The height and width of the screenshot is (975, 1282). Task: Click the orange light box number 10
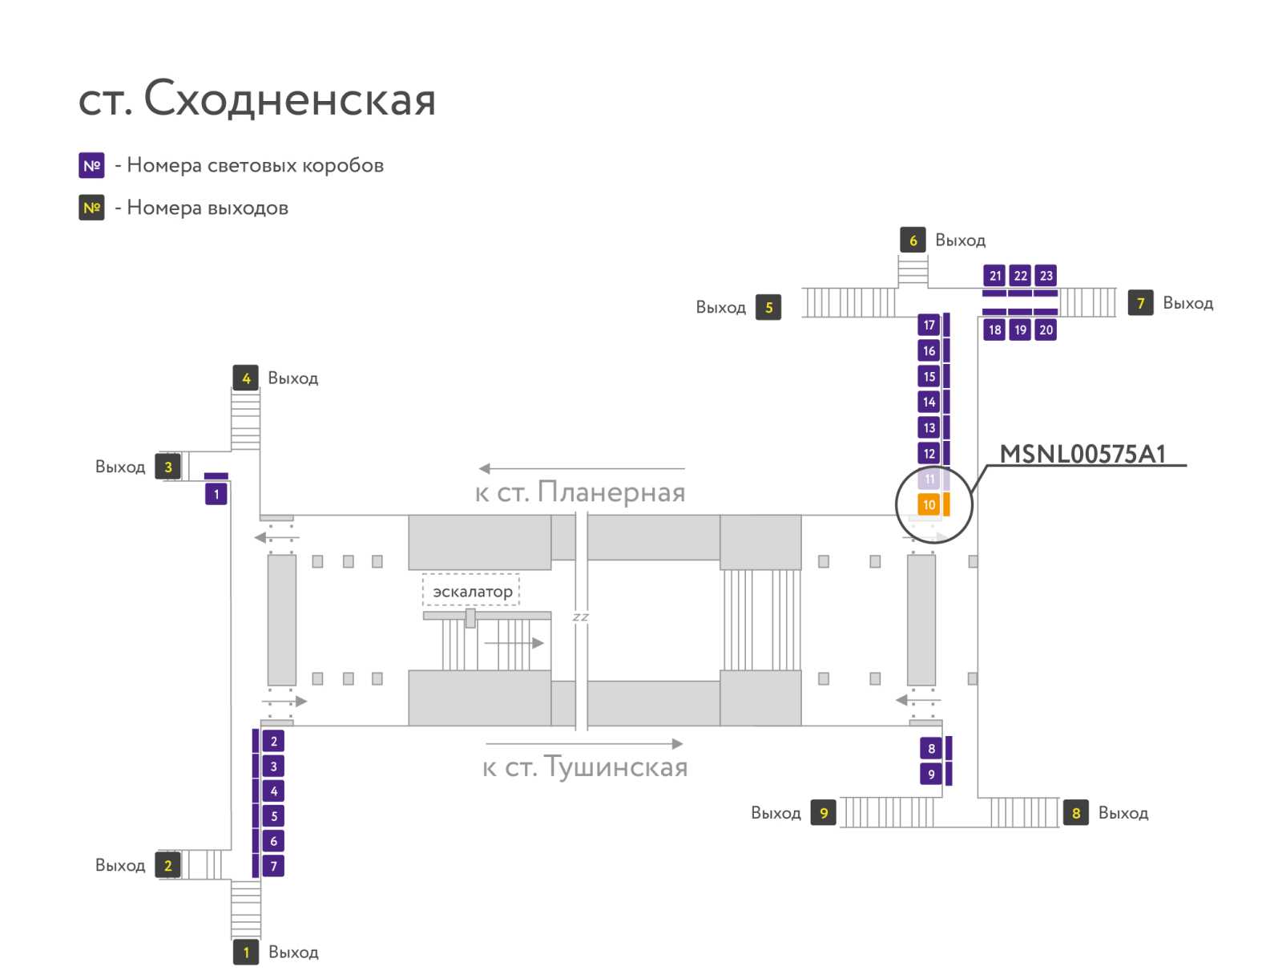tap(928, 504)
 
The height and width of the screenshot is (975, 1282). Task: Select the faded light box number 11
tap(928, 479)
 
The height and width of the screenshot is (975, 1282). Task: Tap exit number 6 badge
tap(913, 240)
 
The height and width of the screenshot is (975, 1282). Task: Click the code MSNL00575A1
tap(1082, 454)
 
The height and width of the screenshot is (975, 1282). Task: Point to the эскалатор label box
tap(471, 590)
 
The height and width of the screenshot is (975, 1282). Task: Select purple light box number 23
tap(1046, 275)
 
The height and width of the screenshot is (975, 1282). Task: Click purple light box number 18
tap(994, 330)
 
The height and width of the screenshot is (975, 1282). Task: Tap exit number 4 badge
tap(246, 378)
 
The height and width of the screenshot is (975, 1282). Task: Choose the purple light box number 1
tap(216, 494)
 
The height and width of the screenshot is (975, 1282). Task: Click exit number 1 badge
tap(246, 953)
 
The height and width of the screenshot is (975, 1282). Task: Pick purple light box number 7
tap(273, 865)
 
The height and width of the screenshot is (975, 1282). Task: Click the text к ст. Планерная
tap(580, 492)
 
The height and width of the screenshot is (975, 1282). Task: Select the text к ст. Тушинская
tap(585, 767)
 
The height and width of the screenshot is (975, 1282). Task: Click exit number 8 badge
tap(1076, 812)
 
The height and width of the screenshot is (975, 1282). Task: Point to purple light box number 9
tap(931, 774)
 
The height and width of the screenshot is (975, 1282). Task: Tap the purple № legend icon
tap(91, 165)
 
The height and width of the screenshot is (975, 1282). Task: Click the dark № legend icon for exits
tap(91, 208)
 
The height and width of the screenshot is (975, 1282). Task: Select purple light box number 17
tap(929, 325)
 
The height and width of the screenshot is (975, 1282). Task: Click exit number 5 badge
tap(768, 307)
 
